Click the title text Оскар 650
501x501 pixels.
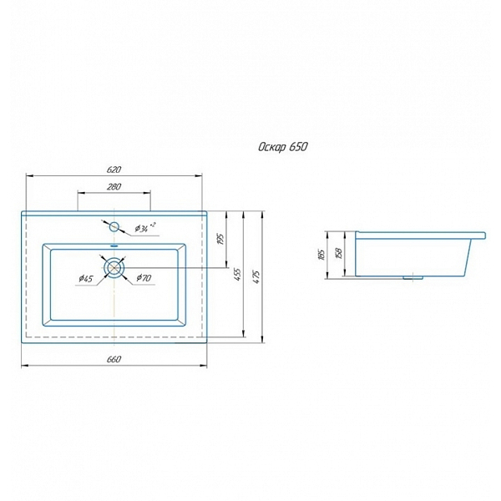click(x=283, y=147)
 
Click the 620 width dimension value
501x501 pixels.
click(x=114, y=170)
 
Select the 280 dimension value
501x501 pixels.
click(x=114, y=186)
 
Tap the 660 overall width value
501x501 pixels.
click(x=114, y=359)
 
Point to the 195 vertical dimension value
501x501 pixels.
click(x=221, y=239)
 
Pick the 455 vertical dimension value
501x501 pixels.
click(x=238, y=275)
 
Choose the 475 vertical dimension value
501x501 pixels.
click(x=256, y=276)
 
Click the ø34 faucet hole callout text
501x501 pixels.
click(x=144, y=227)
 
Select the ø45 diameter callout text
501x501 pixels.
click(x=86, y=279)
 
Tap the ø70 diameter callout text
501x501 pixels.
click(x=144, y=278)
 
